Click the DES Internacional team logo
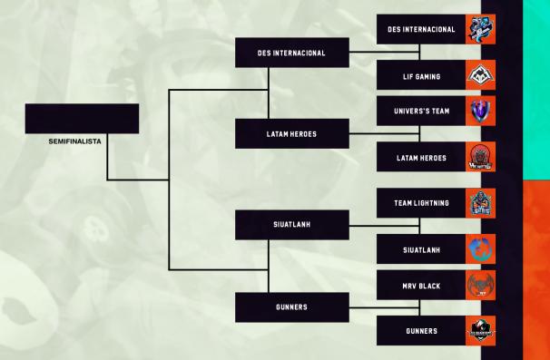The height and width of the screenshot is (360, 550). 480,29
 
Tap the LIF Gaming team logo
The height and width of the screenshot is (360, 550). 480,77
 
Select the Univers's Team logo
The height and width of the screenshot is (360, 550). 480,112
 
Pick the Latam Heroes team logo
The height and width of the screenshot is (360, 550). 480,158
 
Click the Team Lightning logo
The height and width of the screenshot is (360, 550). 480,203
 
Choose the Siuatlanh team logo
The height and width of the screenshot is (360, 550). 480,249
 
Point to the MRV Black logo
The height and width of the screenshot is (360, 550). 480,285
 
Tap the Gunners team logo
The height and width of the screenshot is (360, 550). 480,331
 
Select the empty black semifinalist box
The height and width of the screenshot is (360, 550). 82,119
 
